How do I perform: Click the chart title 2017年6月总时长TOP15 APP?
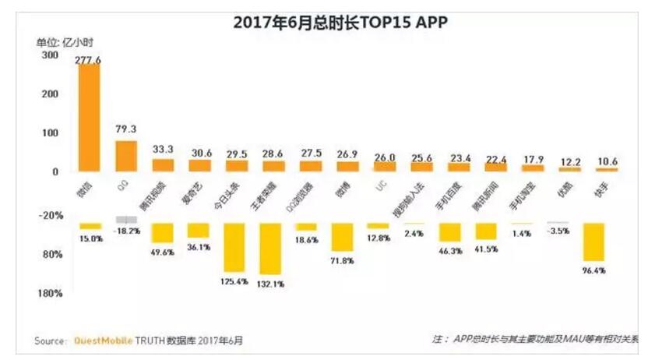[340, 23]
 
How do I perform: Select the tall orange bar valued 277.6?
[89, 118]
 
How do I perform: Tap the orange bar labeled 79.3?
[126, 156]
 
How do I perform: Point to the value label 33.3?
[163, 149]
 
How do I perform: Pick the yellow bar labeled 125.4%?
[235, 247]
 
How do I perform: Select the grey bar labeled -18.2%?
[126, 221]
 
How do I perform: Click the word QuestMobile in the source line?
[104, 341]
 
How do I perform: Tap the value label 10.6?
[606, 162]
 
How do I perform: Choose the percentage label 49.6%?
[163, 251]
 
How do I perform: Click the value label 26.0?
[384, 156]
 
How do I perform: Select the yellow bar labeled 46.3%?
[450, 233]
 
